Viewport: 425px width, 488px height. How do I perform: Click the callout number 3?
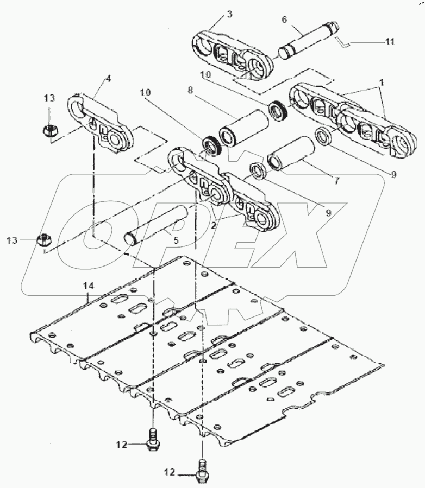click(x=229, y=14)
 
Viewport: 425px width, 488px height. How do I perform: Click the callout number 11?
click(x=389, y=41)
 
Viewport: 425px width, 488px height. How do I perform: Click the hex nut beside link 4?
click(x=49, y=131)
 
